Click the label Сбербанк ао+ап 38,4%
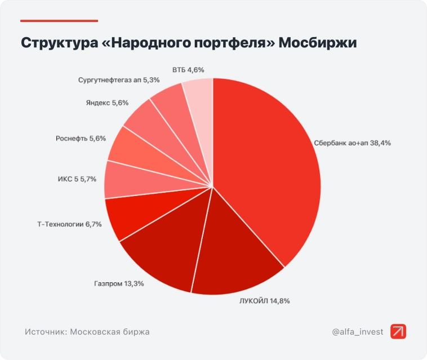(x=353, y=143)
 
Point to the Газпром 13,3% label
(x=119, y=283)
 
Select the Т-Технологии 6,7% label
(x=65, y=224)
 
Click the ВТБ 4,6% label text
(x=188, y=70)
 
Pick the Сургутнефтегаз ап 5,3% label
(x=112, y=80)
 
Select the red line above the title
(x=59, y=21)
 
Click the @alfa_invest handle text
(x=357, y=332)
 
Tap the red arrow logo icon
(x=398, y=332)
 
